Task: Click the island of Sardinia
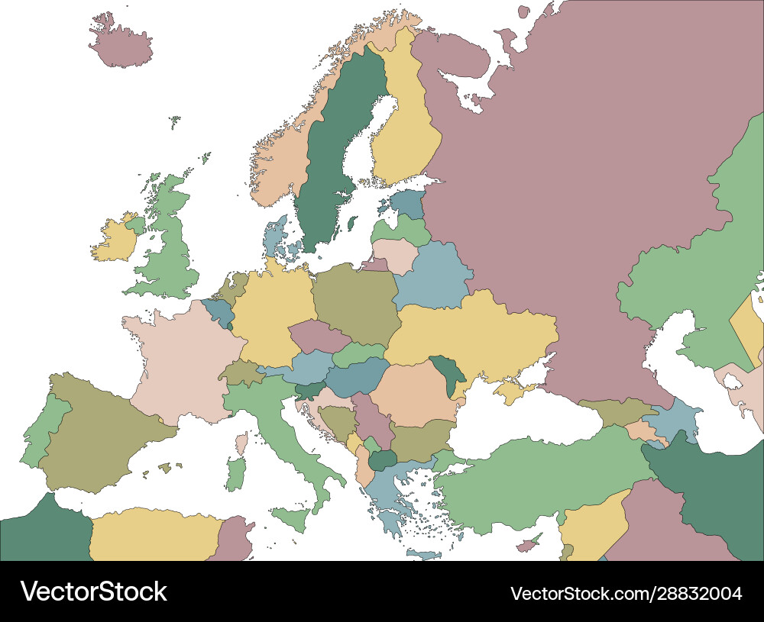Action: pos(236,473)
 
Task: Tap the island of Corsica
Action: pos(241,443)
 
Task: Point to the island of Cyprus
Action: pos(528,546)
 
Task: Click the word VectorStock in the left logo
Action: pos(93,591)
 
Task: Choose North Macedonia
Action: pos(382,459)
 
